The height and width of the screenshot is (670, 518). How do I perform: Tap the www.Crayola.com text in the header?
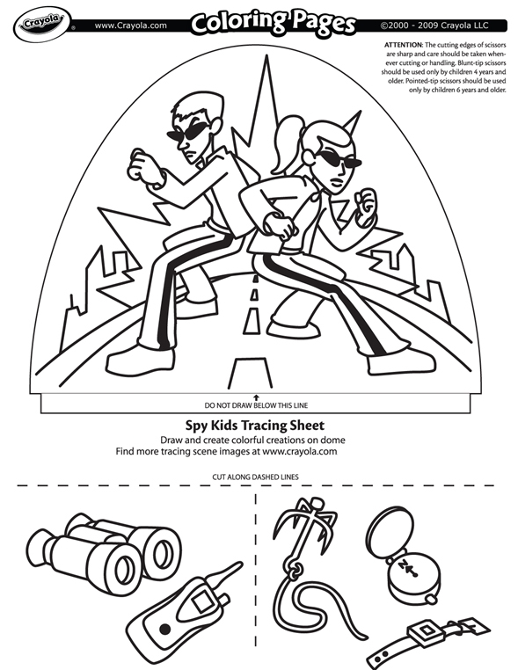click(x=130, y=25)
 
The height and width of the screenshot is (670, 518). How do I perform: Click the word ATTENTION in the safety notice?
click(x=411, y=43)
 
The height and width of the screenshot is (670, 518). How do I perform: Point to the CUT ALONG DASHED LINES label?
click(x=258, y=476)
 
